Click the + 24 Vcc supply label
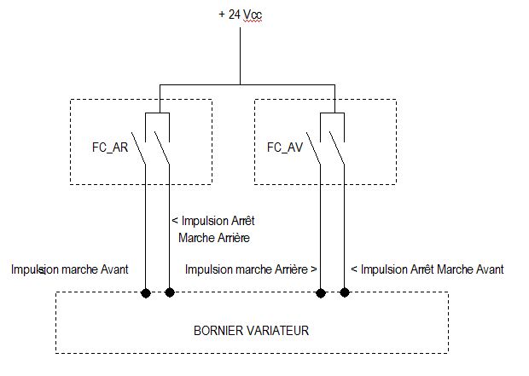(x=240, y=14)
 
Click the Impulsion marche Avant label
(x=70, y=269)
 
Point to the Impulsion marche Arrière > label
(x=252, y=269)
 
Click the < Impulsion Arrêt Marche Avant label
(x=427, y=269)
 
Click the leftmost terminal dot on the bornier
(x=146, y=293)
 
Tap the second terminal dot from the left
(x=170, y=293)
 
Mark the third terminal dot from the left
(x=322, y=293)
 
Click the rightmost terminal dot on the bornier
(x=346, y=293)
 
